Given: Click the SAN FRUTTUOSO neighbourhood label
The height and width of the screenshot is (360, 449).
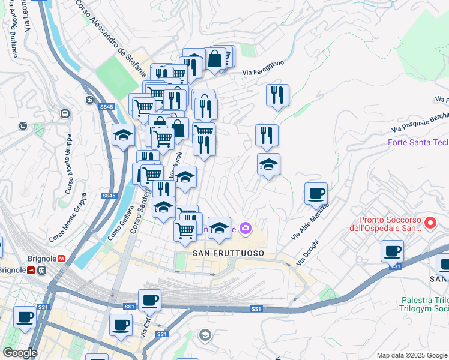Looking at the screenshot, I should point(228,254).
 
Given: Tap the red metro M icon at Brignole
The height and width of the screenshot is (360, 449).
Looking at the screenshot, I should point(61,259).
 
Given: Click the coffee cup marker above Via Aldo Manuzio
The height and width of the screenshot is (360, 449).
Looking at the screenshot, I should point(316,193).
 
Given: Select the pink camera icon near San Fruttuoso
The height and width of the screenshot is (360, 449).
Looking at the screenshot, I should point(244,228).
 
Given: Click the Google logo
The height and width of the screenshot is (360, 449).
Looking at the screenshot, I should point(20,353).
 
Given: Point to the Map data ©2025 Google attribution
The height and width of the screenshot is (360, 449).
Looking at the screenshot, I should point(411,355).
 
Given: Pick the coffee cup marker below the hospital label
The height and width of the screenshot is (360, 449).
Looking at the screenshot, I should point(392,251).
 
